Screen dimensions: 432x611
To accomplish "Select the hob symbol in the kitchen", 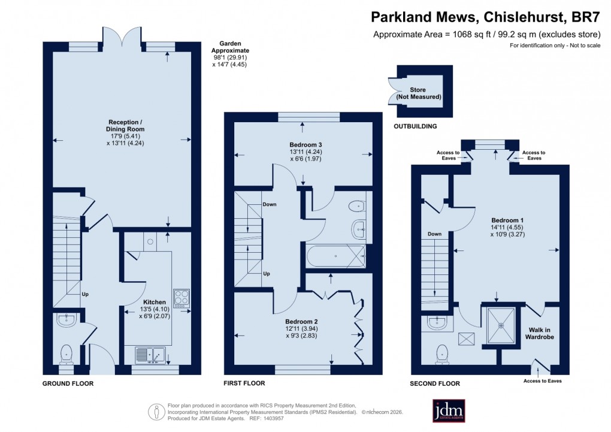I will [x=182, y=297].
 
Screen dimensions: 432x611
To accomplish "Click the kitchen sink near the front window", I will [x=150, y=356].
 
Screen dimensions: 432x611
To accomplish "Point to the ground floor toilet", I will [x=66, y=354].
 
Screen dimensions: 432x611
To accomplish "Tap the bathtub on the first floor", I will [x=335, y=256].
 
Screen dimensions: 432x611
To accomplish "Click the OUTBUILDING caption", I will [x=415, y=126].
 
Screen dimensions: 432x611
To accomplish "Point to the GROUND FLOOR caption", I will [x=68, y=383].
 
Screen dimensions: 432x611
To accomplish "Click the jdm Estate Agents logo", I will [x=449, y=411].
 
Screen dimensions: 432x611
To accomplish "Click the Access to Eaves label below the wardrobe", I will [x=542, y=380].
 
